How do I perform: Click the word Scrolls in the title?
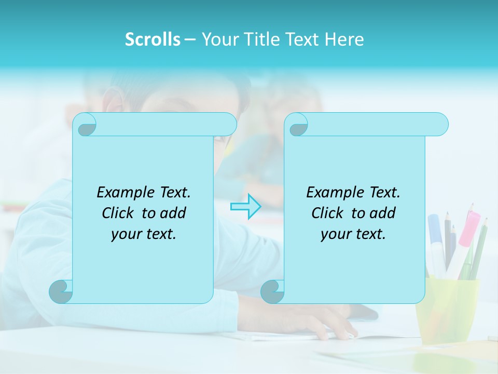153,39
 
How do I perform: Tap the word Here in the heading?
344,39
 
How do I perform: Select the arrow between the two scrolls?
245,207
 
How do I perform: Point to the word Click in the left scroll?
119,213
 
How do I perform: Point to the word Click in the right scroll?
329,213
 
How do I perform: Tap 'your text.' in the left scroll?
144,234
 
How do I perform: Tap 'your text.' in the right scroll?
353,234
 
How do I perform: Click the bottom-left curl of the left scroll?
61,291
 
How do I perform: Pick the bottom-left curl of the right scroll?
272,291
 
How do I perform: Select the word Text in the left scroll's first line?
174,192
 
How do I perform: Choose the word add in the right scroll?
382,213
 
